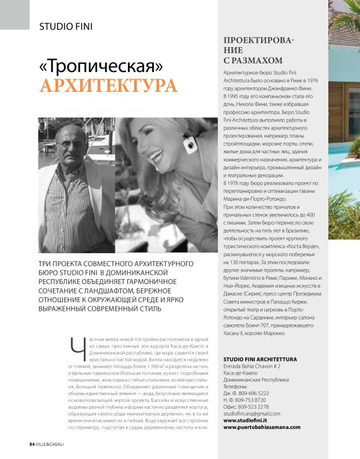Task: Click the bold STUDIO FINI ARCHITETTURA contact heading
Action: pos(260,360)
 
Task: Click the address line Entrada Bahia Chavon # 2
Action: pos(256,367)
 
